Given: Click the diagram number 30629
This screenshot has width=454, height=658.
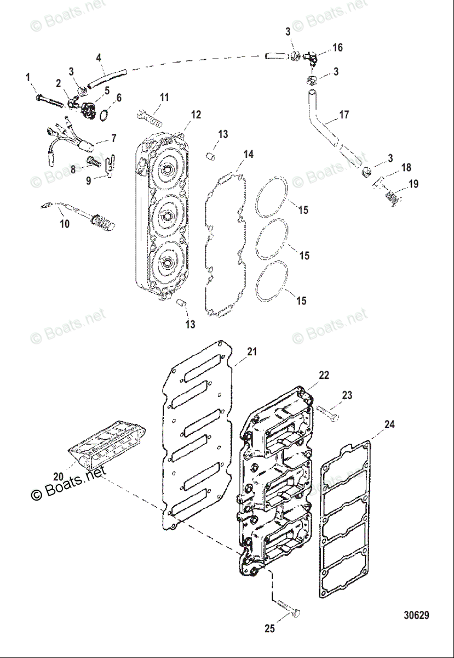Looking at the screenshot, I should pyautogui.click(x=416, y=615).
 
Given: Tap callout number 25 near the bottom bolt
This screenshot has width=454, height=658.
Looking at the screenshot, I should pyautogui.click(x=269, y=629).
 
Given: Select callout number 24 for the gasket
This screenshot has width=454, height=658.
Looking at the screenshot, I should pyautogui.click(x=389, y=424).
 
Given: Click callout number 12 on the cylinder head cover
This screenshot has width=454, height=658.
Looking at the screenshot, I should pyautogui.click(x=196, y=115).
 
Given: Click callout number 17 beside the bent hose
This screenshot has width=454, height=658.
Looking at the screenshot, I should pyautogui.click(x=343, y=115).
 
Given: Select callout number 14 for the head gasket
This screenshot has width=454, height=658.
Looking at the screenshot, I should pyautogui.click(x=249, y=155).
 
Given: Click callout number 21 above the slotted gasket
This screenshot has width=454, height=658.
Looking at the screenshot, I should pyautogui.click(x=251, y=351).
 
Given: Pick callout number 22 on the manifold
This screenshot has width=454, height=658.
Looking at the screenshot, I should pyautogui.click(x=324, y=375).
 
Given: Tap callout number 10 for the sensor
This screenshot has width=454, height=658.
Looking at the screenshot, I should pyautogui.click(x=65, y=224).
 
